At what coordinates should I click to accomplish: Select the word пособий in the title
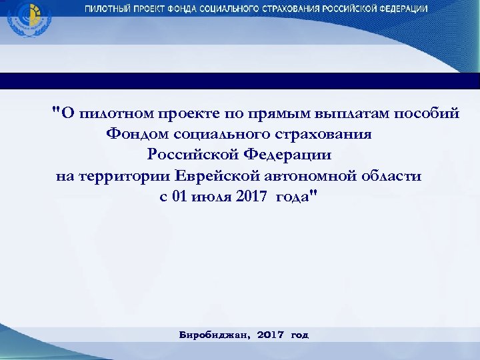[x=427, y=113]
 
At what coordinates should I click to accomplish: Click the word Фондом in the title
[x=137, y=134]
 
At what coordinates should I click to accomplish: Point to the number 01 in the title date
[x=182, y=198]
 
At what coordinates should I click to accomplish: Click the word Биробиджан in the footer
[x=213, y=335]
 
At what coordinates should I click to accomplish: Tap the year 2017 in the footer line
[x=271, y=335]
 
